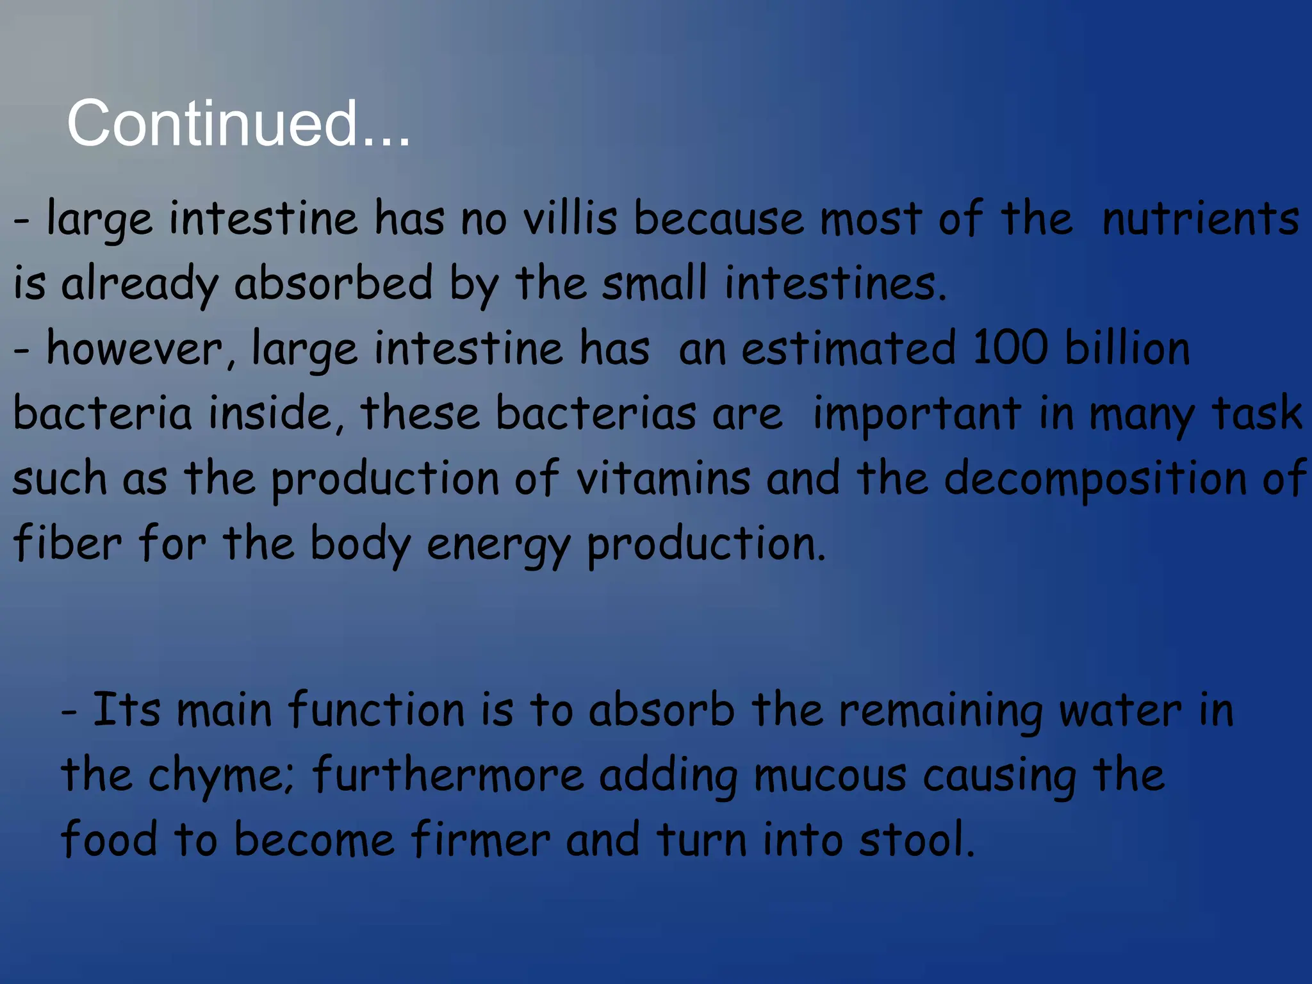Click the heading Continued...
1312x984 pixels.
point(238,123)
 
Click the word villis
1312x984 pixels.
point(570,218)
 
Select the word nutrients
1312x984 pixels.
point(1200,218)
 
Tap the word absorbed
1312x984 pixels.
point(333,283)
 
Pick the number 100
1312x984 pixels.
point(1010,348)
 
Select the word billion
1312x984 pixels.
point(1127,348)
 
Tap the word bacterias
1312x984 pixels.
point(595,413)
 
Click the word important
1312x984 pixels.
point(917,413)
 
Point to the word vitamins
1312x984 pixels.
point(662,479)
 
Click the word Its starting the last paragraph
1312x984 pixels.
point(126,710)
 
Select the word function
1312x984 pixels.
point(376,710)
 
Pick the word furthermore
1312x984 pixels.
point(447,775)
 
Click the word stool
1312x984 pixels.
point(916,840)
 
